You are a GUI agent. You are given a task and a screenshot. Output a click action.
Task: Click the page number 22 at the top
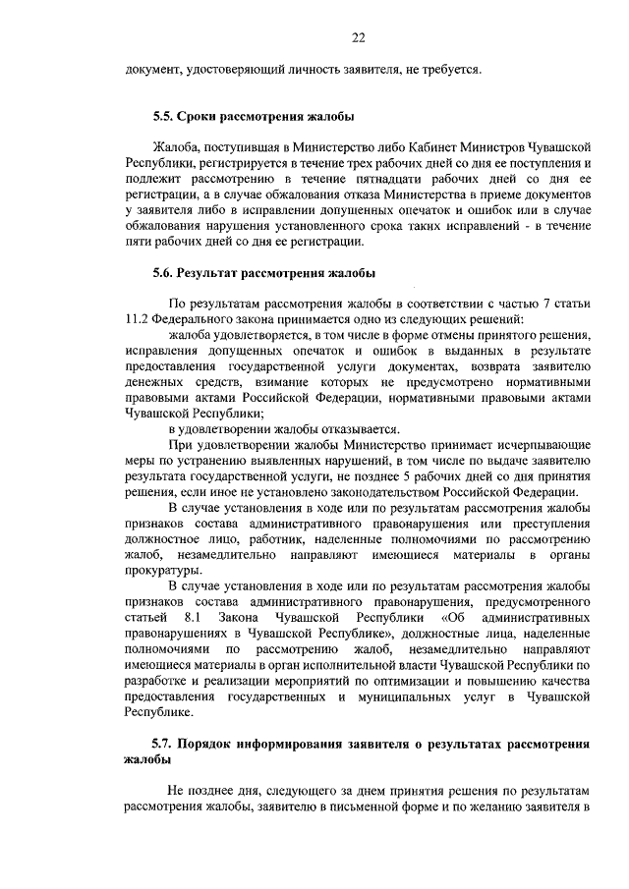(359, 38)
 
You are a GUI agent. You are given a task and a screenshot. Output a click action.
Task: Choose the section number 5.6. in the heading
(164, 273)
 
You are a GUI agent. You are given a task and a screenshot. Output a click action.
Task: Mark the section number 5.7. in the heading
(164, 745)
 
